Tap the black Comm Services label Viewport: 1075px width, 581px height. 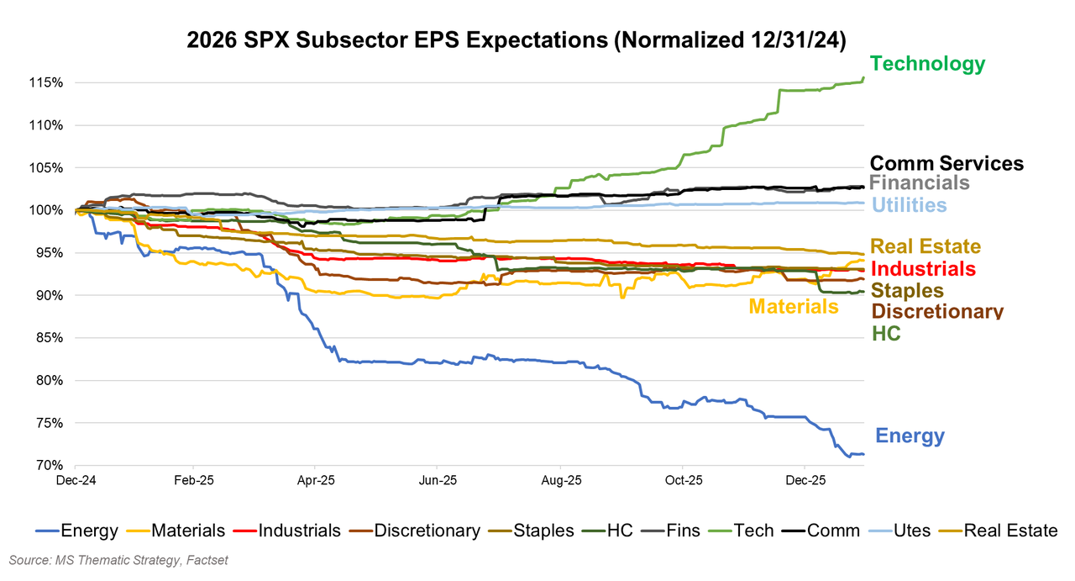(947, 164)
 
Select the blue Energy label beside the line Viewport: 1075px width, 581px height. (910, 436)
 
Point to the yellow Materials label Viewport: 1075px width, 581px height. (794, 307)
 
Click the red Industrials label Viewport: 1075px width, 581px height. (924, 269)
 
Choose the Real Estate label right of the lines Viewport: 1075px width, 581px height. (926, 247)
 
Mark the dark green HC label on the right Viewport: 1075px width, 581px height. (886, 334)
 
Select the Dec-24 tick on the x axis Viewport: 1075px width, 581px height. (75, 482)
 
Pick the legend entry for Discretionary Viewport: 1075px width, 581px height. (427, 531)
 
